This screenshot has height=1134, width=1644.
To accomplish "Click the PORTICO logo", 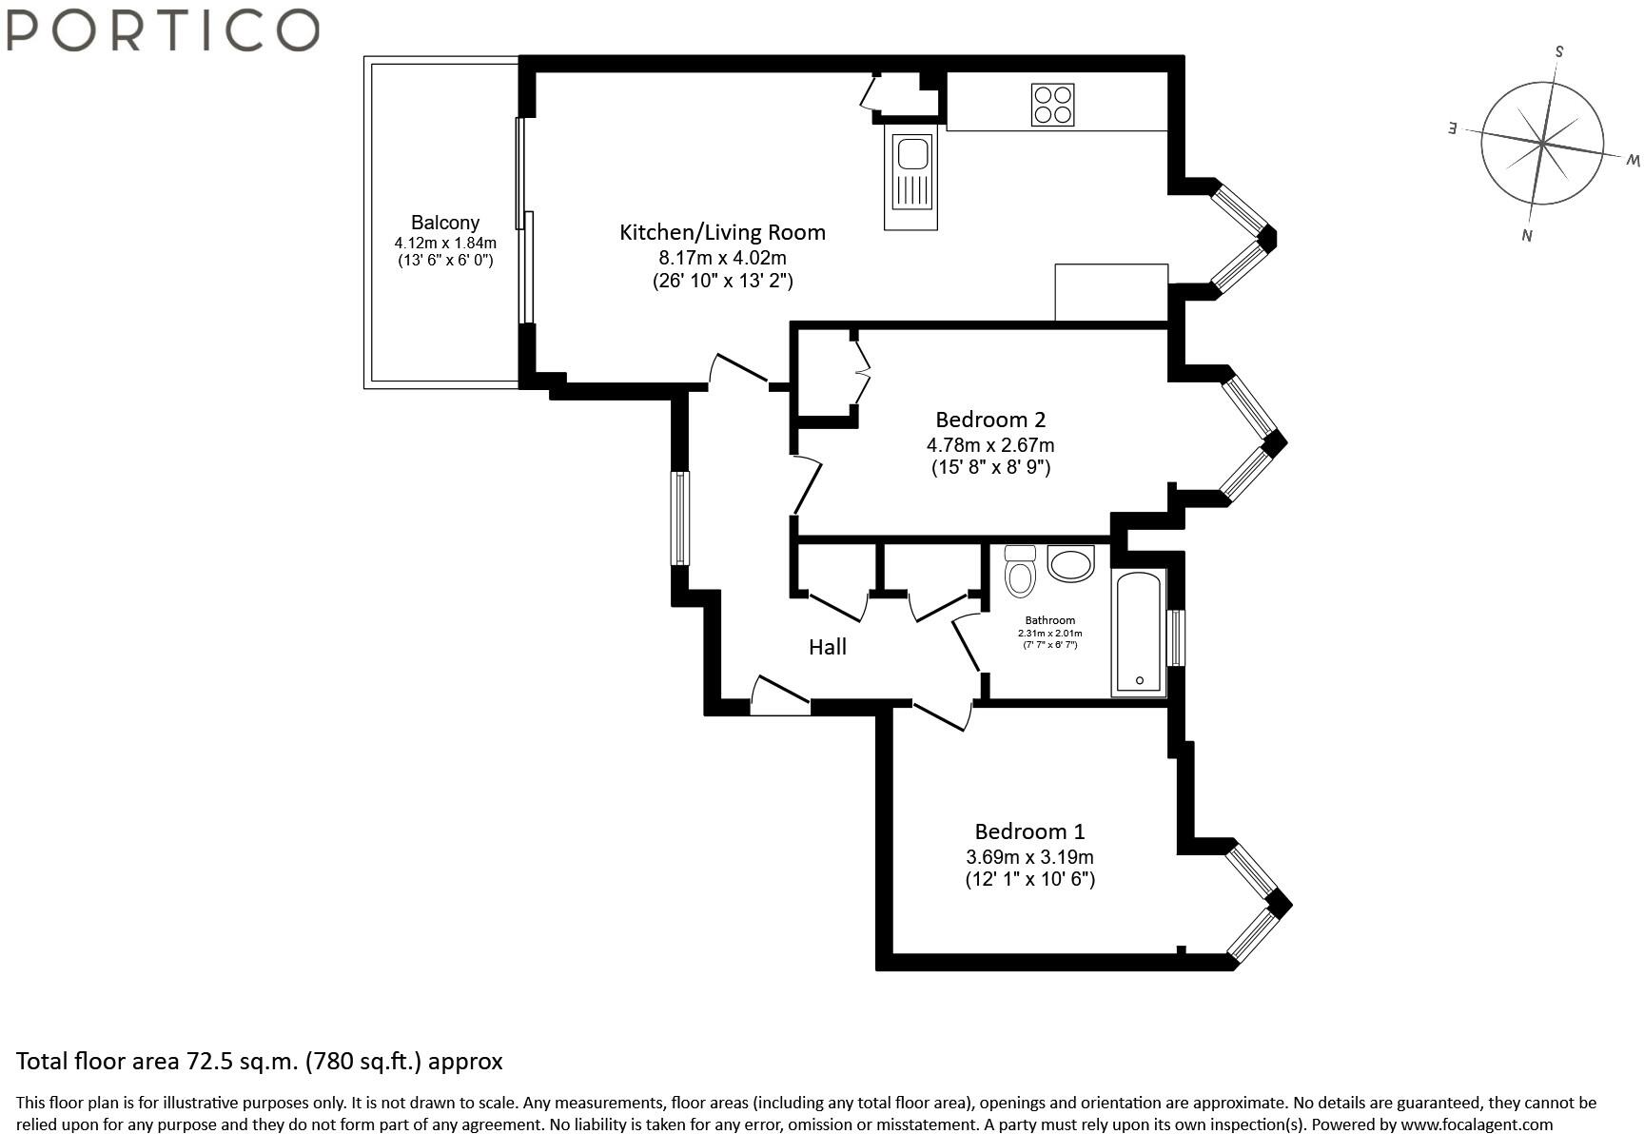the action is (162, 29).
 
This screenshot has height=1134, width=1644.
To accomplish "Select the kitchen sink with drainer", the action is (910, 180).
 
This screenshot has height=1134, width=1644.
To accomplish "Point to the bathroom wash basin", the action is (1072, 563).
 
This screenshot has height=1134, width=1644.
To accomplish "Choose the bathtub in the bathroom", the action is (1139, 633).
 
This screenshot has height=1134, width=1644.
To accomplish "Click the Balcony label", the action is (445, 223).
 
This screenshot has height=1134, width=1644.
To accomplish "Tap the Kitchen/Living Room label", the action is (722, 232).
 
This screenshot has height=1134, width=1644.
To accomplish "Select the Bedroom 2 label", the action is (990, 420).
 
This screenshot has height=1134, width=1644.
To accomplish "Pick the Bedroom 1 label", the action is (1029, 831).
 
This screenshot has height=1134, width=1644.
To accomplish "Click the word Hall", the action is (828, 647).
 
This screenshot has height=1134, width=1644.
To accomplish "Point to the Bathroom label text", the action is (1050, 620).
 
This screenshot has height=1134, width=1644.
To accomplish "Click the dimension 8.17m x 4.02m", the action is (722, 258).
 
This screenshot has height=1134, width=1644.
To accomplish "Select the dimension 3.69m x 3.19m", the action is (1029, 856).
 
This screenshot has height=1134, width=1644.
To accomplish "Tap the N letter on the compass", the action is (1526, 235).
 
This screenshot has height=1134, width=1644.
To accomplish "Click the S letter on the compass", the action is (1558, 51).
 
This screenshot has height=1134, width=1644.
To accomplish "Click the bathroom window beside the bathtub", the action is (1177, 636).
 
